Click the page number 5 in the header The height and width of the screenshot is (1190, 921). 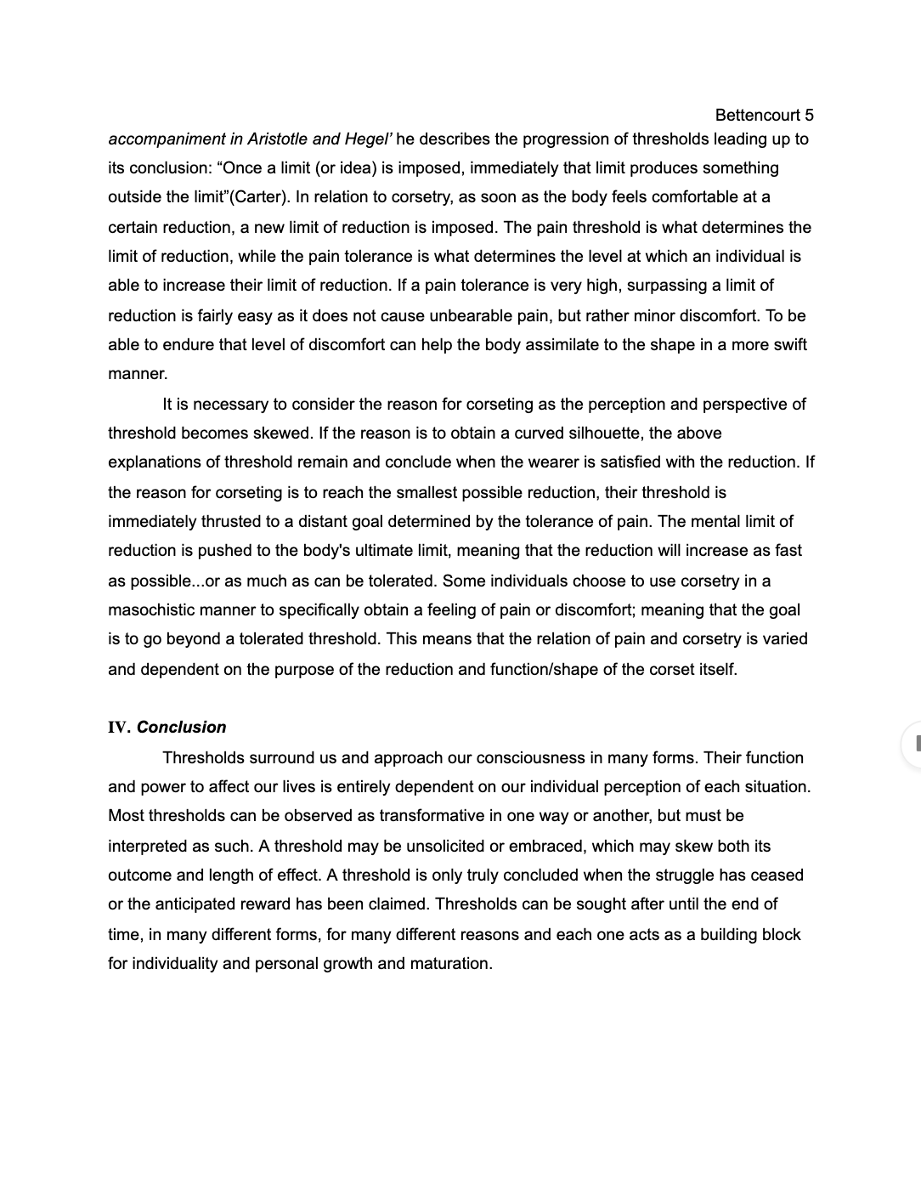point(809,115)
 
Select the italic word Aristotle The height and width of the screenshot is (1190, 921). point(283,139)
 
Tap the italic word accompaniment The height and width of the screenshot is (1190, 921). point(167,139)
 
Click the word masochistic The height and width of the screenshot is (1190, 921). point(154,609)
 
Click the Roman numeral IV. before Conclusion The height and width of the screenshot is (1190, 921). point(119,727)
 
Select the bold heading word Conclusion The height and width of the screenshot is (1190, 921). point(182,727)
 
